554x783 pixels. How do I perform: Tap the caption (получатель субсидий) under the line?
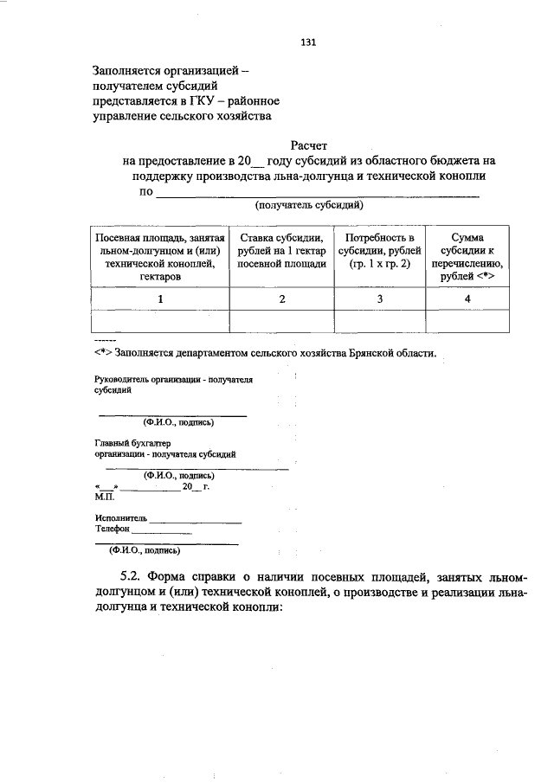[x=308, y=205]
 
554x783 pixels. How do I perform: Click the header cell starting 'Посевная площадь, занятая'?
[x=160, y=257]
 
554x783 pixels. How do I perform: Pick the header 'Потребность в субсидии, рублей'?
[x=380, y=251]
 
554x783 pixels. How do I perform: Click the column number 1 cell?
[x=160, y=298]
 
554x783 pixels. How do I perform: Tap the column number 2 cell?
[x=281, y=298]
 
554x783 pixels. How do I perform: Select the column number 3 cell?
[x=380, y=298]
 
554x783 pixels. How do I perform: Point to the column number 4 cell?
[x=467, y=298]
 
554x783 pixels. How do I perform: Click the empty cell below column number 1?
[x=160, y=321]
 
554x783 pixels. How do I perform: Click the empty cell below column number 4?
[x=467, y=321]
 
